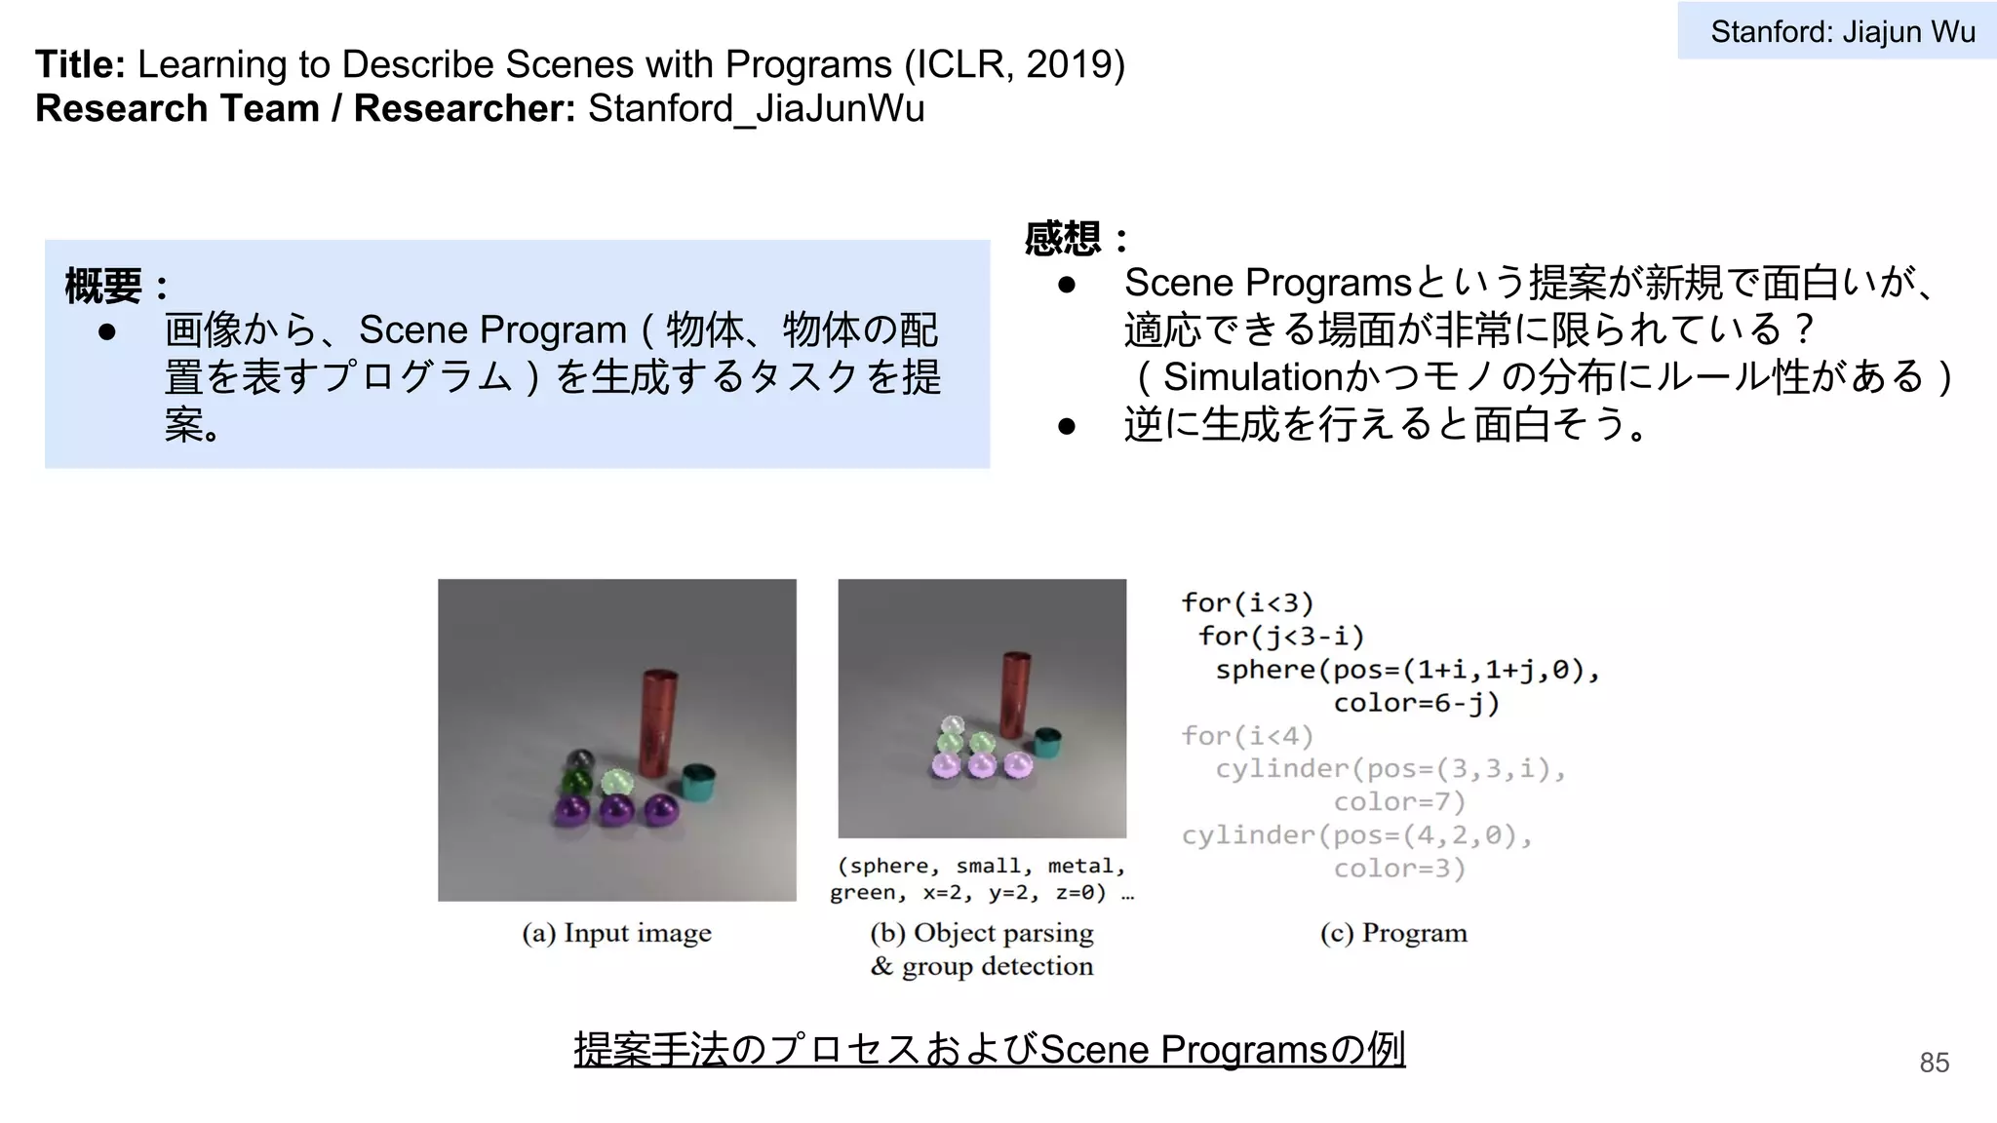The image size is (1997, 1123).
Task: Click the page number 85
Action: [x=1934, y=1063]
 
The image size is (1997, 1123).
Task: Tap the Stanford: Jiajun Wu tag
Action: [x=1841, y=32]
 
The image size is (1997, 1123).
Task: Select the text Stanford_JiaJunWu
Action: [x=756, y=108]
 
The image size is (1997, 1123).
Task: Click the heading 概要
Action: [x=103, y=287]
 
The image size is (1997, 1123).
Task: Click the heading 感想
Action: [x=1064, y=239]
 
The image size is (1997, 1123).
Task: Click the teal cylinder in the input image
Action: [x=698, y=782]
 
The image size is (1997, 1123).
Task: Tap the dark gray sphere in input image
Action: [x=580, y=759]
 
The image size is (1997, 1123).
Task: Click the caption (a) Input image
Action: [x=616, y=933]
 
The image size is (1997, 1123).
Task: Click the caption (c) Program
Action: [x=1392, y=933]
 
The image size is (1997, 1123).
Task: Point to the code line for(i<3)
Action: [x=1247, y=602]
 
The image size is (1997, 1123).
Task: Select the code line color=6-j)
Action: [x=1416, y=703]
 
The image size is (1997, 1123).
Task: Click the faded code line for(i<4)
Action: [x=1247, y=736]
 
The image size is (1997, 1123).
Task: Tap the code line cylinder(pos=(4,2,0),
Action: [x=1356, y=835]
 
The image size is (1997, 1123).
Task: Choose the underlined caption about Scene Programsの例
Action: [x=989, y=1050]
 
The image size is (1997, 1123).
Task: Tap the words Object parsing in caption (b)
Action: [x=1003, y=933]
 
